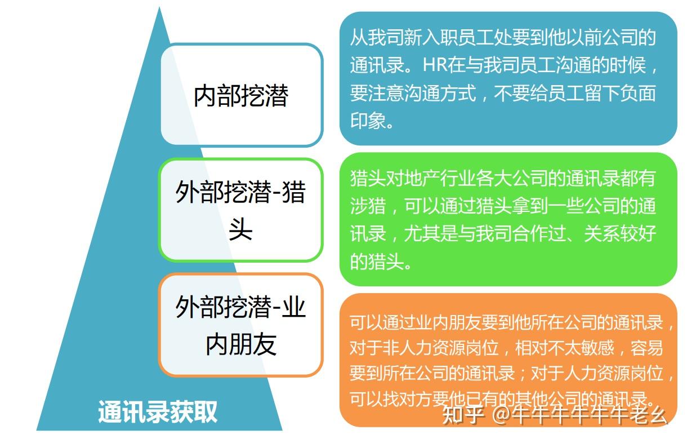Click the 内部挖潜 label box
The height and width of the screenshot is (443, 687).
pos(242,95)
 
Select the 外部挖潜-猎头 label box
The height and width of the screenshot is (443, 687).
pos(241,210)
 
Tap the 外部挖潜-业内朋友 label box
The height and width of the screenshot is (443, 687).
pos(241,325)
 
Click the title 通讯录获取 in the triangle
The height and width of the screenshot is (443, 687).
pos(158,411)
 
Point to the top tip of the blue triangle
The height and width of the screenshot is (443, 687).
pos(159,7)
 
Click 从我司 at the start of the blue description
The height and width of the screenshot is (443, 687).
pos(377,37)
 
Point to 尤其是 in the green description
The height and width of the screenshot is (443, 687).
pos(430,234)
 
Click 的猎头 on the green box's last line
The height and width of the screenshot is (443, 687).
pos(377,262)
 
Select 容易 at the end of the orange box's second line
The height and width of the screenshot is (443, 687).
pos(646,348)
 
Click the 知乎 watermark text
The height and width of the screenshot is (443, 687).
pos(462,415)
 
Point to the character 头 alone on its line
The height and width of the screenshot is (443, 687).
pos(241,229)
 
